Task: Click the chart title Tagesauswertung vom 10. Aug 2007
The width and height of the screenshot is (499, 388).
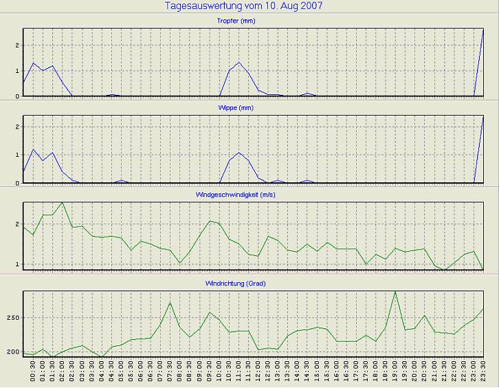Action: [244, 6]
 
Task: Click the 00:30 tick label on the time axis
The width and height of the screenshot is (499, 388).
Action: [33, 371]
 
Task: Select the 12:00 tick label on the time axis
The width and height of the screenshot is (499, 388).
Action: [258, 371]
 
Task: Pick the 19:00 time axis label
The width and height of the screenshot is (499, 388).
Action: [395, 371]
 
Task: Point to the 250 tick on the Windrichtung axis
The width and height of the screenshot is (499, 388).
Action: [12, 318]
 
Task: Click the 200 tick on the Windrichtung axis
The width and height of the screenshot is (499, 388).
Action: [12, 352]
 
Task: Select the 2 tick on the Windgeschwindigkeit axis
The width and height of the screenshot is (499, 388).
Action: [16, 224]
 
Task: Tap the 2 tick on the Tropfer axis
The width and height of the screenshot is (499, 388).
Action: [16, 45]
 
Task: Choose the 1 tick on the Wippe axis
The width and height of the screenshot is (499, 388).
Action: [16, 155]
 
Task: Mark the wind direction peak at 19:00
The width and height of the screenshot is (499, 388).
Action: [395, 292]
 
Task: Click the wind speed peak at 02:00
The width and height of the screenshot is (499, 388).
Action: [63, 202]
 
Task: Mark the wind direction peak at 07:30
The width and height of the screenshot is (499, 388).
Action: [170, 303]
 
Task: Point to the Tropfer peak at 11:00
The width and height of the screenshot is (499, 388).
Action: [239, 63]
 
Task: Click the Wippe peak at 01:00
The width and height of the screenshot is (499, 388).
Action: [33, 149]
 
